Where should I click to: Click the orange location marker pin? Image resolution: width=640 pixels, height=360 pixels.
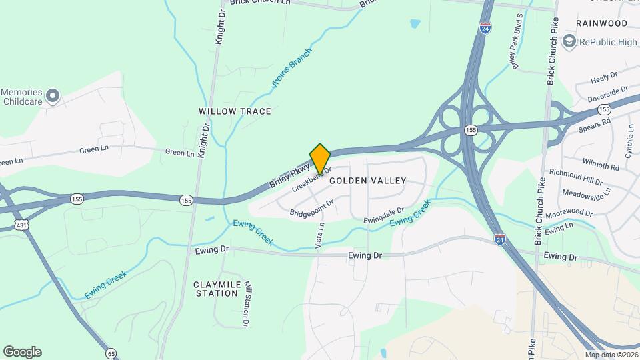(320, 158)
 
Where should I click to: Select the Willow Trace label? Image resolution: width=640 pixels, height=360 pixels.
(235, 111)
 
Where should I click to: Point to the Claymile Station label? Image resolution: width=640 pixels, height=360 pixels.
(215, 289)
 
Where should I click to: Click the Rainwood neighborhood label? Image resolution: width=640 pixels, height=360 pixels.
(602, 23)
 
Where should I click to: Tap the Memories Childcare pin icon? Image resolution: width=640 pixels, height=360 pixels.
(55, 95)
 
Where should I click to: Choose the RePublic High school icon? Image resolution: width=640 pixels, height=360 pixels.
(569, 42)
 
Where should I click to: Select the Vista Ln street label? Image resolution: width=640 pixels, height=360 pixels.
(321, 236)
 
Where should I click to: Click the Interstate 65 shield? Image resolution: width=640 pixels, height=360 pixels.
(111, 352)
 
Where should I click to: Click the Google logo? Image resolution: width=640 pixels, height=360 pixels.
(22, 352)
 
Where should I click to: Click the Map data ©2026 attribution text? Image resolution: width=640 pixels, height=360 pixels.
(611, 355)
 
